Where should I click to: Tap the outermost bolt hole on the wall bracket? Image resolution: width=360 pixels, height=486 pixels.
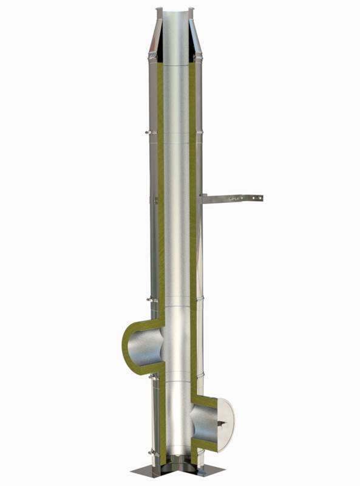260,197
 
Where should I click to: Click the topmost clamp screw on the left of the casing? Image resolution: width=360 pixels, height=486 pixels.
148,132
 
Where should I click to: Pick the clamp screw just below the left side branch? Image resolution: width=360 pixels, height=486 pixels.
151,377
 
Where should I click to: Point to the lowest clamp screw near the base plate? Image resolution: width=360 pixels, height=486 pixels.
151,451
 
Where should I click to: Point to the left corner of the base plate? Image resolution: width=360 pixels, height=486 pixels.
133,472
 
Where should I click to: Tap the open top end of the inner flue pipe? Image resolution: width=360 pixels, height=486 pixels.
176,12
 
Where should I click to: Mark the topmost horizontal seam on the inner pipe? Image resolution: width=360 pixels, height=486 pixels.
177,65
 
